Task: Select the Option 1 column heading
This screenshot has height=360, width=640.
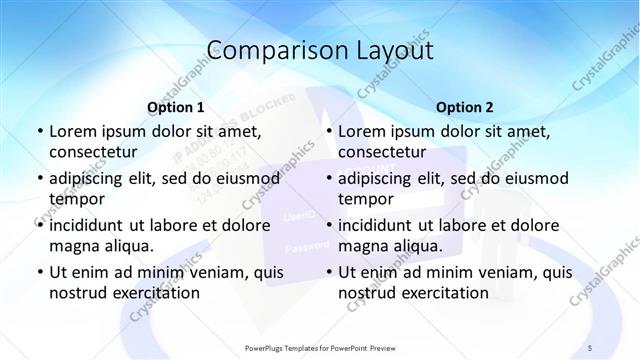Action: [x=175, y=106]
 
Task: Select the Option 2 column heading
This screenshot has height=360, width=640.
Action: [x=464, y=106]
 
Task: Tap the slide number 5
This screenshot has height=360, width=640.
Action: [x=590, y=347]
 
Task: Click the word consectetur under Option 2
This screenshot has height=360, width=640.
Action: [x=382, y=153]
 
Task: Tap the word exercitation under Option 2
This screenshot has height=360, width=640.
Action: [x=443, y=294]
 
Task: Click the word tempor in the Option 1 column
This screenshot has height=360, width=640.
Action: [x=73, y=199]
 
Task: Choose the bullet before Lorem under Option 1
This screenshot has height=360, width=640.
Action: [x=39, y=131]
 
